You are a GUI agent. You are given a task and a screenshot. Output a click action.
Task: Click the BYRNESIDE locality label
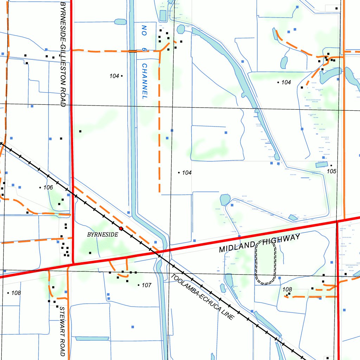point(102,234)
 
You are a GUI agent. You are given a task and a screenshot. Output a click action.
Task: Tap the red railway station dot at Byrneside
point(121,229)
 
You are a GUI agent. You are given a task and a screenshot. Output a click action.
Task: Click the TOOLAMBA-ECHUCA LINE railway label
point(202,297)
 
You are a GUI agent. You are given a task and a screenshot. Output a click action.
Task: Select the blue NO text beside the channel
point(143,30)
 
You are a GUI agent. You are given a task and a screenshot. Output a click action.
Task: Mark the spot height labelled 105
point(332,171)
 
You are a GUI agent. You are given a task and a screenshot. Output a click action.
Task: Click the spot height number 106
point(48,187)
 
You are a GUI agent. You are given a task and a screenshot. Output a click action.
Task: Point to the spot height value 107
point(146,285)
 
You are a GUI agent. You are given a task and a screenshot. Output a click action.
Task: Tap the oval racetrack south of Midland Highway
point(265,262)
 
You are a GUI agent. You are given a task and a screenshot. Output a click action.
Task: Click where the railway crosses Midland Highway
point(160,252)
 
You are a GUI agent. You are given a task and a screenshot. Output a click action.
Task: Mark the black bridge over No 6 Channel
point(133,51)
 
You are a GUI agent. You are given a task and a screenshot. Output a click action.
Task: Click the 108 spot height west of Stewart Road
point(16,293)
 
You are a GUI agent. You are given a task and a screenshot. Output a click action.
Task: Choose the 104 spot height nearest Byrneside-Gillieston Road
point(114,76)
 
